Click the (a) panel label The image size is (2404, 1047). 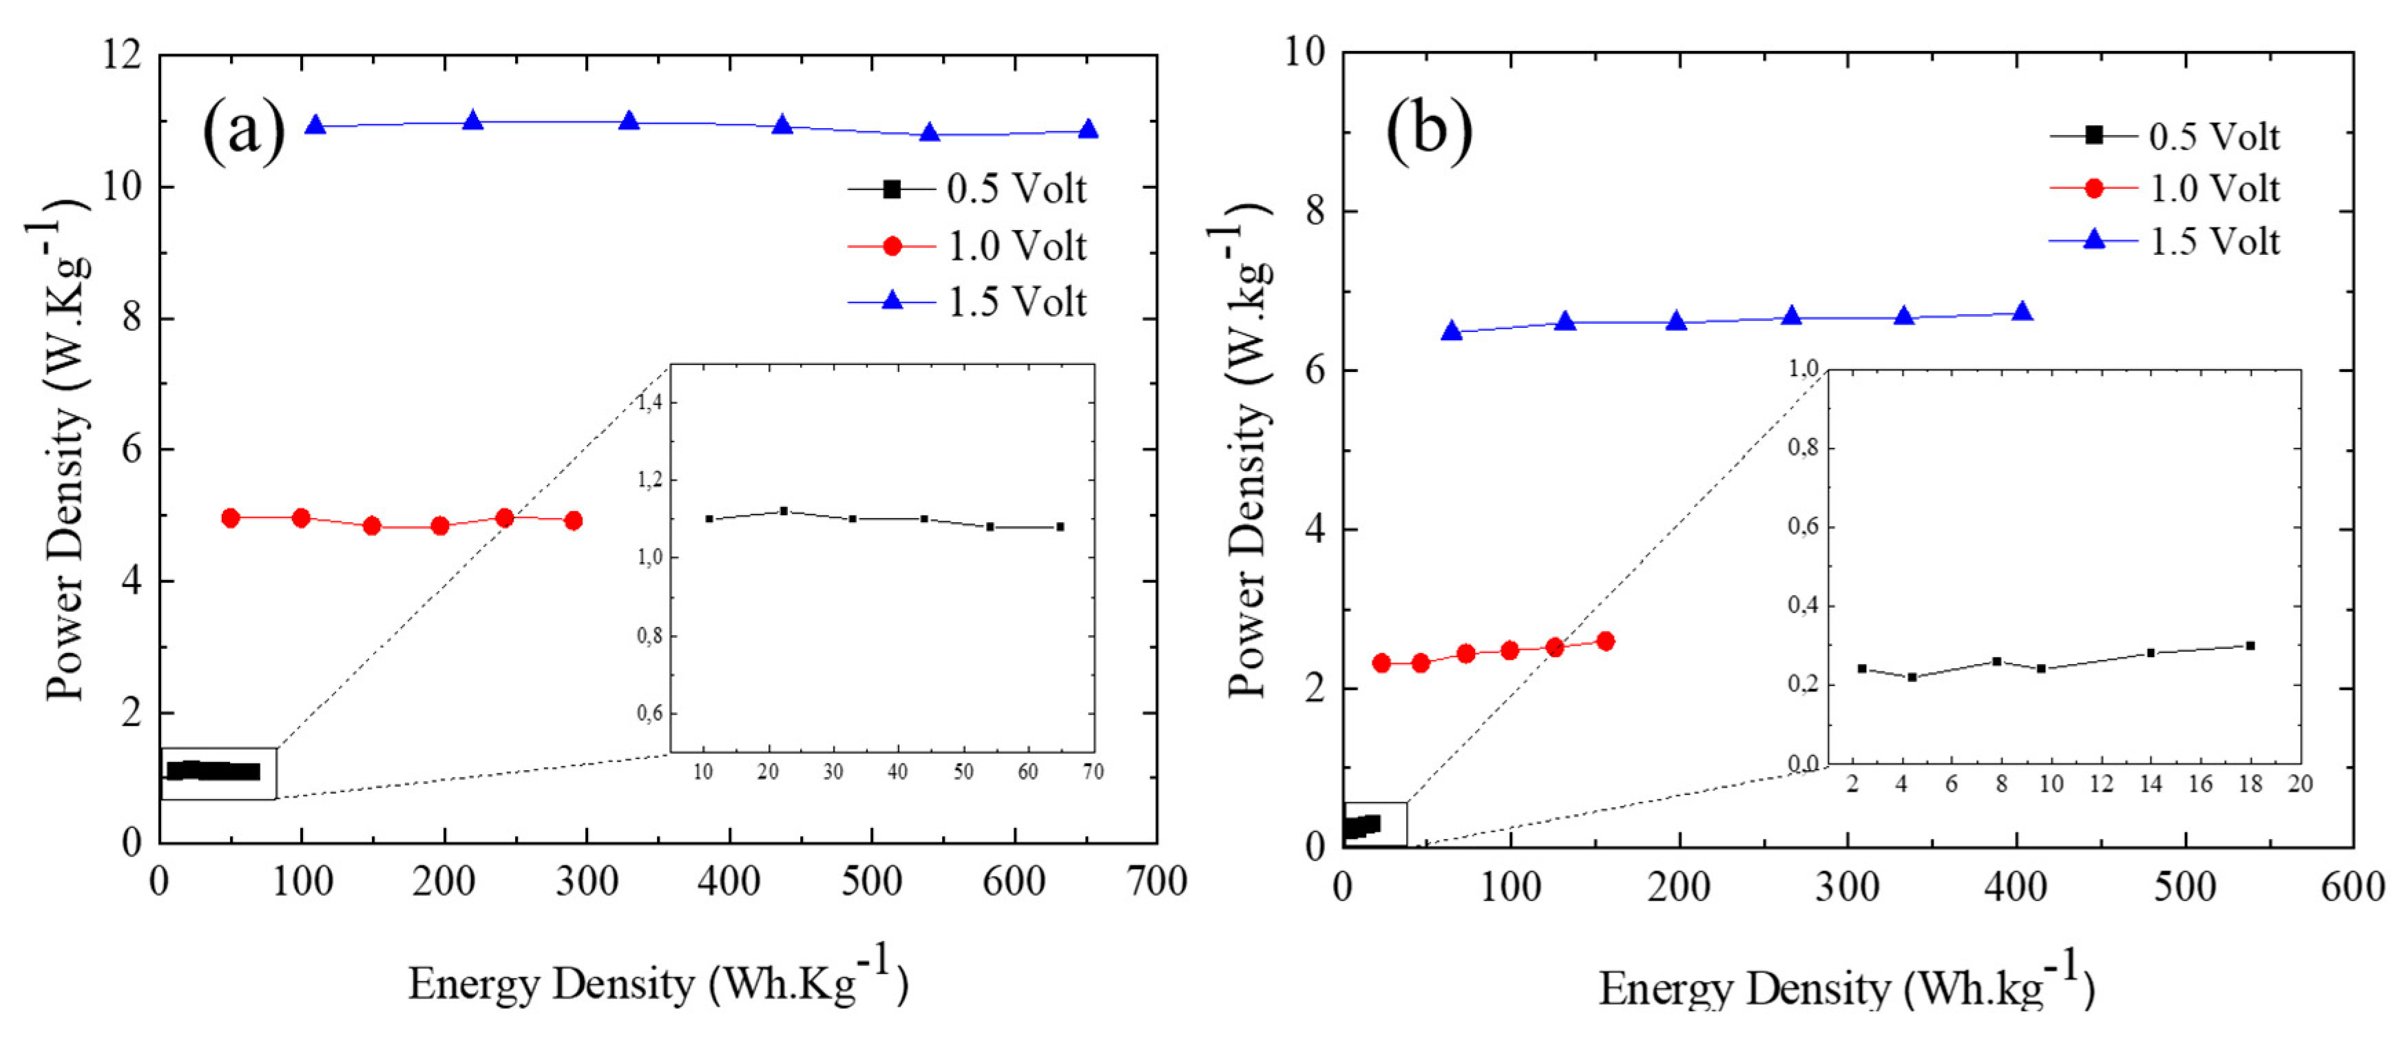(244, 131)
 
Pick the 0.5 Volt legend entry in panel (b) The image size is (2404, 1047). (2165, 136)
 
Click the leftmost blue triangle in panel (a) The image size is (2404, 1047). (315, 125)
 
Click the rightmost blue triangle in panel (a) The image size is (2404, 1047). (1087, 129)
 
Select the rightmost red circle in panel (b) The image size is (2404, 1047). (1605, 641)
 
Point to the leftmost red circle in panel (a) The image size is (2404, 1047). (231, 518)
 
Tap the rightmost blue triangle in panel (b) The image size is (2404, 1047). (2021, 311)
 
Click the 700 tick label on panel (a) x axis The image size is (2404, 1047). (1156, 882)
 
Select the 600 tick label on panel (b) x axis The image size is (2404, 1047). (2352, 887)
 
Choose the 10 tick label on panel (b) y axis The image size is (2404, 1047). (1305, 52)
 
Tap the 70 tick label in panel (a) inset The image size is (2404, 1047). (1093, 771)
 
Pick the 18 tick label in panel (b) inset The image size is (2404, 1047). (2251, 784)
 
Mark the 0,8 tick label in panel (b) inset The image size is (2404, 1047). (1803, 448)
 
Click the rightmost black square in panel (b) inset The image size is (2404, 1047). (2250, 645)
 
